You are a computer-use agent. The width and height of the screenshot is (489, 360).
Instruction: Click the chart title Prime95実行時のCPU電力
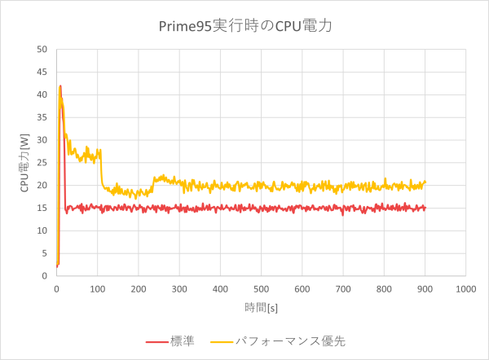244,26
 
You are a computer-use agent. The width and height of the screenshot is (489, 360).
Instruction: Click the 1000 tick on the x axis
465,288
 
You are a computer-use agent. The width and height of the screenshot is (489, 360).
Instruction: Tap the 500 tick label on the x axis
261,288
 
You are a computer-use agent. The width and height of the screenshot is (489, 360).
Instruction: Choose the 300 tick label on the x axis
179,288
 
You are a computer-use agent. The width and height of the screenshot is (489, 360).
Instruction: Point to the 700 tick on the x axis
342,288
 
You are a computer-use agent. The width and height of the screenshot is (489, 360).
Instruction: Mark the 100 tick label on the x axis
97,288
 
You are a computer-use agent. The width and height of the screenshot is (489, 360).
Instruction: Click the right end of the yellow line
425,182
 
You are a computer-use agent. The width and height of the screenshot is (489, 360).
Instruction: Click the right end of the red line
425,209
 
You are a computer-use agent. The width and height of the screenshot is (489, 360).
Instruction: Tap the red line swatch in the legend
156,340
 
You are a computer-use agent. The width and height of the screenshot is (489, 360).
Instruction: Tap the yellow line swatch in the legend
219,340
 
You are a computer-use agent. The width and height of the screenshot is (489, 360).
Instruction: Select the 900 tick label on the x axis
425,288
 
